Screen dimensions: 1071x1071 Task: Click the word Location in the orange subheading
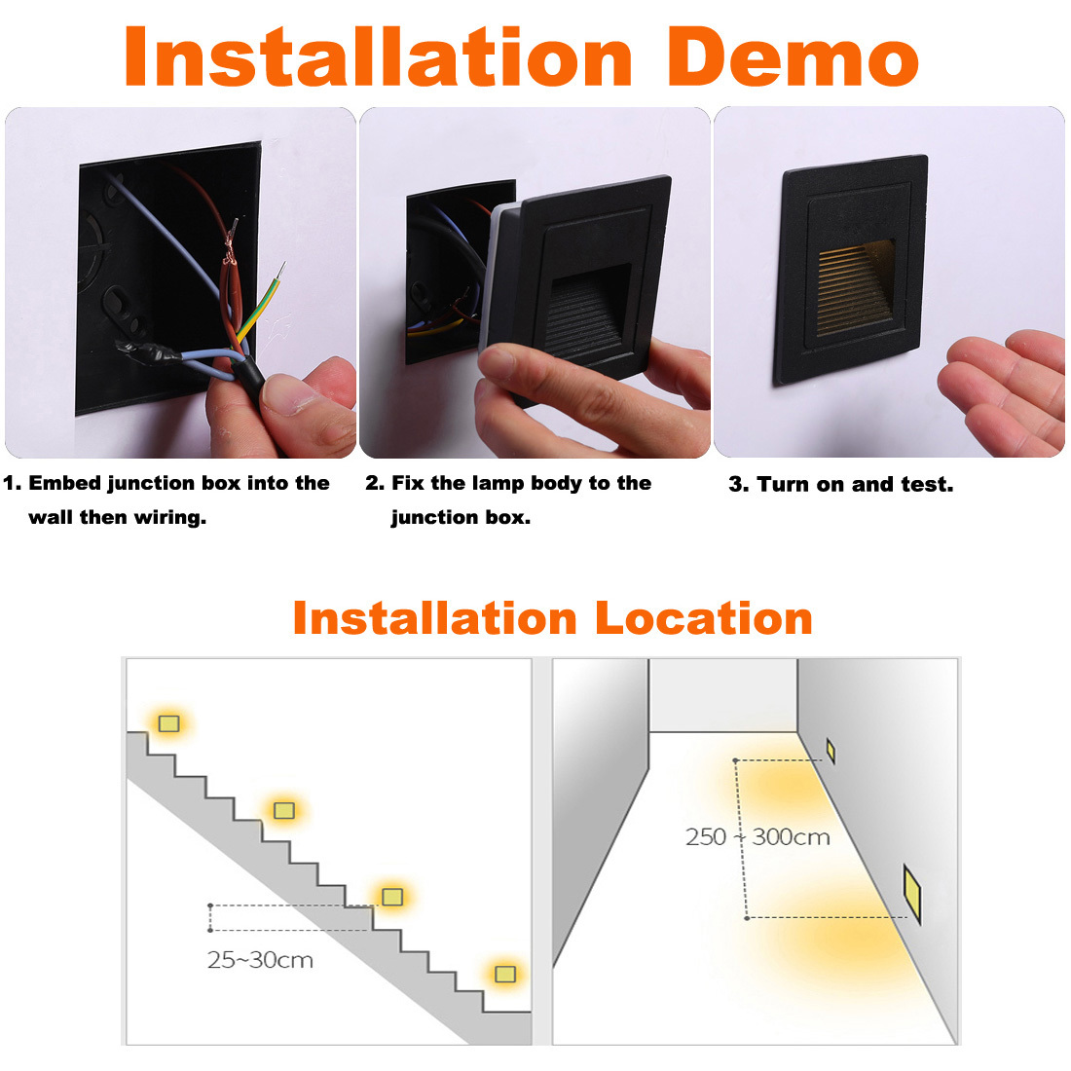[704, 619]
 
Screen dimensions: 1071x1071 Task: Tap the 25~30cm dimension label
[260, 960]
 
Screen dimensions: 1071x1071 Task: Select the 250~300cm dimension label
[758, 836]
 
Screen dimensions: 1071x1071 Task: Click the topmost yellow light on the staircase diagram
[168, 723]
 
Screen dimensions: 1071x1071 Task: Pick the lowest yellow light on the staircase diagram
[504, 974]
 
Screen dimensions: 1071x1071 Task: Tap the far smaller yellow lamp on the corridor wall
[831, 751]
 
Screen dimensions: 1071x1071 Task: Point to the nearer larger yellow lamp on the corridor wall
[912, 894]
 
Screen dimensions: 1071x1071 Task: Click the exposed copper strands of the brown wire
[230, 242]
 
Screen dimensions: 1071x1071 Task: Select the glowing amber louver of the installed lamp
[856, 287]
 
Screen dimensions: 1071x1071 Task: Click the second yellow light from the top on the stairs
[284, 810]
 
